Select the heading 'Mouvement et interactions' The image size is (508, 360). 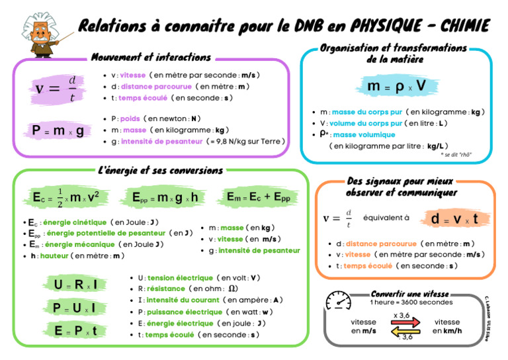click(x=151, y=57)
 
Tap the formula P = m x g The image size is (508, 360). click(x=58, y=130)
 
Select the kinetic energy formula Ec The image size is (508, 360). click(x=66, y=197)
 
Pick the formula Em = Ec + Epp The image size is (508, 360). click(x=258, y=197)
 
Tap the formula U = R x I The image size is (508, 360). click(x=76, y=285)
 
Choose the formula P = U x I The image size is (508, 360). click(x=74, y=308)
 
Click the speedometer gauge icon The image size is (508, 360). click(x=338, y=300)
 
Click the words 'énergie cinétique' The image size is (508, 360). click(x=75, y=222)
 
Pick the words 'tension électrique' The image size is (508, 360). click(x=180, y=278)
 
